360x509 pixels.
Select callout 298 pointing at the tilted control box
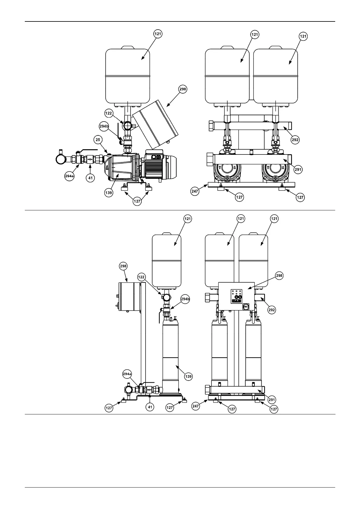click(x=183, y=89)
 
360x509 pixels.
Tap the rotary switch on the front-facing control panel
click(x=246, y=306)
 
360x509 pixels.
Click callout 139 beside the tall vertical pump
click(x=188, y=377)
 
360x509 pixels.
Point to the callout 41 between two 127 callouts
click(x=150, y=407)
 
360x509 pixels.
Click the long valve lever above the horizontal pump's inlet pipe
click(x=87, y=150)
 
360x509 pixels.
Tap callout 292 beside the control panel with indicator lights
click(x=272, y=310)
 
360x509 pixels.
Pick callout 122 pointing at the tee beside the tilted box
click(x=109, y=113)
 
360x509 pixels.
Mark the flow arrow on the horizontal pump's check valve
click(x=90, y=158)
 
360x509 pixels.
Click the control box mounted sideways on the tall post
click(x=129, y=297)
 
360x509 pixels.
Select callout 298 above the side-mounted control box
click(x=123, y=266)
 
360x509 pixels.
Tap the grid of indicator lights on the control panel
click(x=236, y=292)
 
